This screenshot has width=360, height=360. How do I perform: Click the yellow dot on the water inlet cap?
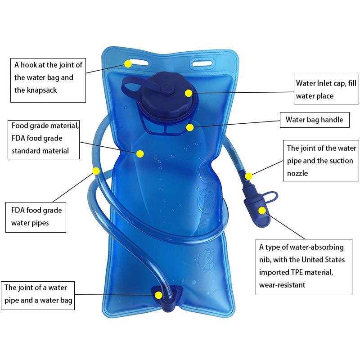pos(189,93)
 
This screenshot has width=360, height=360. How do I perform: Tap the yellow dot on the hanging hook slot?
pos(128,63)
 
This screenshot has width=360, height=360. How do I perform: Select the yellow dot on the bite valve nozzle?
pos(262,211)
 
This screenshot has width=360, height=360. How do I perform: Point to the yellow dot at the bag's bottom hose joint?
pos(158,295)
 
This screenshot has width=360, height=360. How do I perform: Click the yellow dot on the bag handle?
pos(190,128)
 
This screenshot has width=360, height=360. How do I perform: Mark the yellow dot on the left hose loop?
pos(96,171)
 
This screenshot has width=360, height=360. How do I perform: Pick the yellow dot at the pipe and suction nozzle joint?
pos(249,176)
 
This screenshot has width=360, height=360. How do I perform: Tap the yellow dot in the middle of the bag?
pos(140,154)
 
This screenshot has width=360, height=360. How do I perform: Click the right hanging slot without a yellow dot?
pos(203,63)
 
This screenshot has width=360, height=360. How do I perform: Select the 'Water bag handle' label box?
pos(315,120)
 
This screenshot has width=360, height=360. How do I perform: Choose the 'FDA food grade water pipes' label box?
pos(36,217)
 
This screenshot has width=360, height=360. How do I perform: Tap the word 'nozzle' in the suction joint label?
pos(297,173)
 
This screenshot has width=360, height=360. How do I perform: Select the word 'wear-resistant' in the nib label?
pos(282,285)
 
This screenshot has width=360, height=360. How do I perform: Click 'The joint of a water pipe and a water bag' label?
pos(38,296)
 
